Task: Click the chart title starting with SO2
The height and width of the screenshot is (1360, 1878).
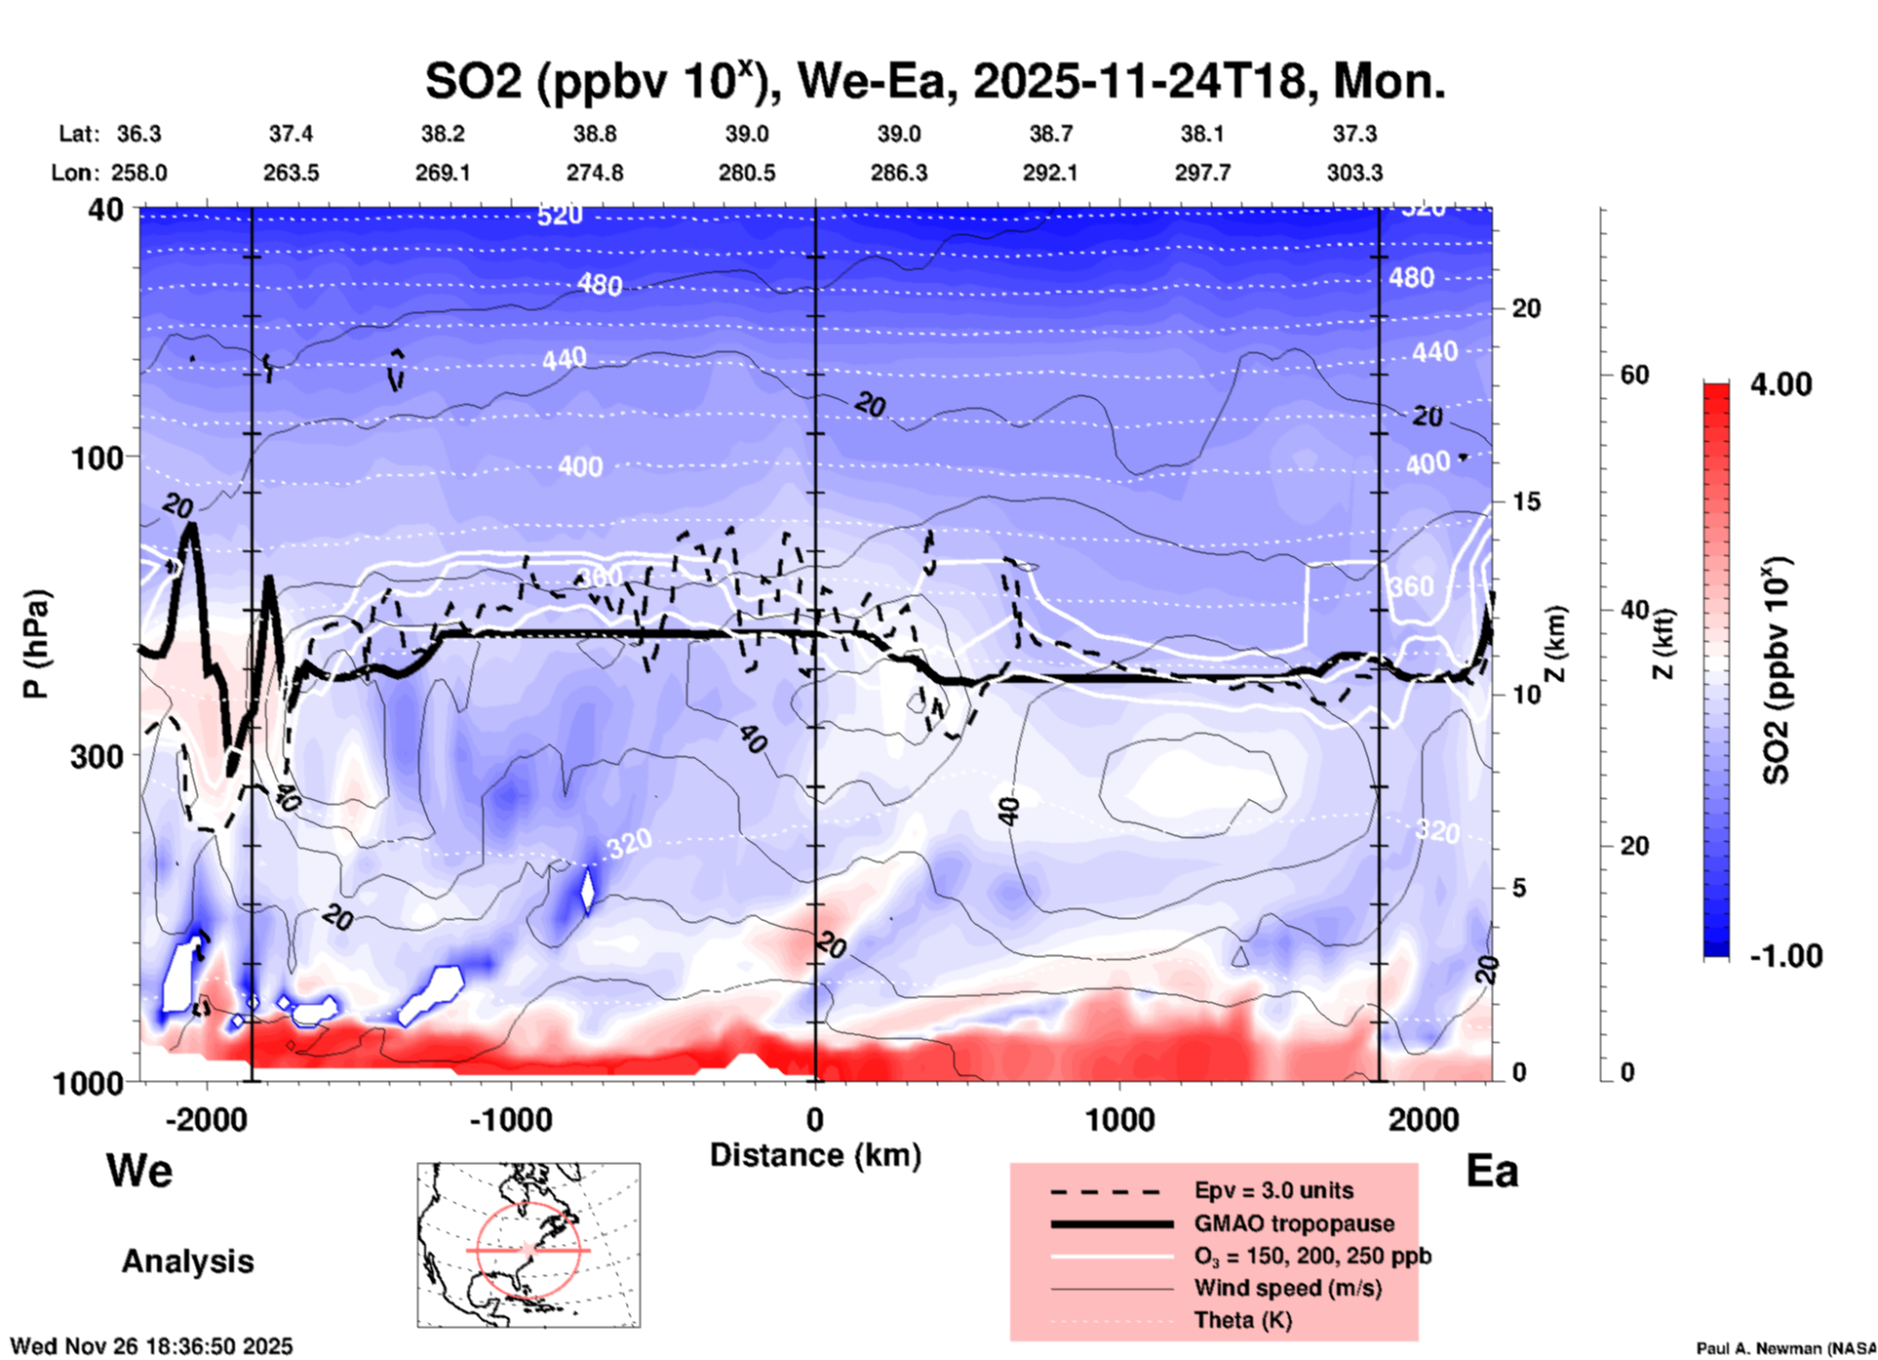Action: pyautogui.click(x=934, y=81)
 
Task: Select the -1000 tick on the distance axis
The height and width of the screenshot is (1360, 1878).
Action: pyautogui.click(x=510, y=1119)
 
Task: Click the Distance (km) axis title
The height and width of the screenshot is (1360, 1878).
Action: pyautogui.click(x=815, y=1155)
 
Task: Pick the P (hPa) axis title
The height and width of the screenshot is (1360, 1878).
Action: pyautogui.click(x=36, y=644)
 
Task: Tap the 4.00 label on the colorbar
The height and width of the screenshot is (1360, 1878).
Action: pyautogui.click(x=1780, y=383)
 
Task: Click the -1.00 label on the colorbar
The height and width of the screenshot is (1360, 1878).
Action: pyautogui.click(x=1785, y=955)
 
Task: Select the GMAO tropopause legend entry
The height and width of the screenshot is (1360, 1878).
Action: pyautogui.click(x=1294, y=1223)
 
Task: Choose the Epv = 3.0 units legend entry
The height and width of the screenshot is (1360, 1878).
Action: pyautogui.click(x=1273, y=1190)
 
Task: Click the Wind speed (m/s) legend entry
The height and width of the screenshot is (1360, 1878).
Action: pyautogui.click(x=1287, y=1288)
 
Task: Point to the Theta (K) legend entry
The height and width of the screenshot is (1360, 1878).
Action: pyautogui.click(x=1242, y=1320)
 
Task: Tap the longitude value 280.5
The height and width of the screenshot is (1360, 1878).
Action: pyautogui.click(x=747, y=173)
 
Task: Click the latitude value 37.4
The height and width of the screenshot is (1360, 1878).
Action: pyautogui.click(x=291, y=134)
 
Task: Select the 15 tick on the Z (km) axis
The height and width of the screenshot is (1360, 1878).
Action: pyautogui.click(x=1526, y=501)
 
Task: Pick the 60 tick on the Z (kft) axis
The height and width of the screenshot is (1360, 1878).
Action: pyautogui.click(x=1634, y=375)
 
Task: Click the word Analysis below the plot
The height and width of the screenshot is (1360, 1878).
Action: pyautogui.click(x=187, y=1261)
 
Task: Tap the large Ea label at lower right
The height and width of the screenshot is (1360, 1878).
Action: pyautogui.click(x=1492, y=1171)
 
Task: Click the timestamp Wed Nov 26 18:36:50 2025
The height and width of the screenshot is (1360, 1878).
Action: pyautogui.click(x=151, y=1346)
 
